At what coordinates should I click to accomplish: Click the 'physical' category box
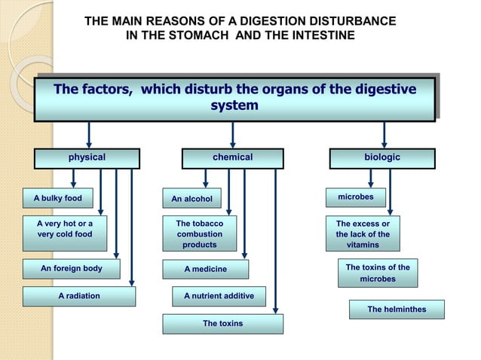(87, 158)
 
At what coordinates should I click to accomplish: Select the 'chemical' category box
(232, 158)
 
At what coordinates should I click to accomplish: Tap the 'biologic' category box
(382, 158)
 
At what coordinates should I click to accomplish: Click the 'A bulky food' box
(57, 199)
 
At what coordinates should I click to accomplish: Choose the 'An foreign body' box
(72, 269)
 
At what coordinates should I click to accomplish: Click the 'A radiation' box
(79, 297)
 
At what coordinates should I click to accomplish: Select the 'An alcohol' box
(191, 199)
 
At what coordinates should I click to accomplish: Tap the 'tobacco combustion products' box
(200, 234)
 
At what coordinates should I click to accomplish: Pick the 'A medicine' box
(205, 269)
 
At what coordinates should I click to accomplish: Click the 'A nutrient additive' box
(219, 297)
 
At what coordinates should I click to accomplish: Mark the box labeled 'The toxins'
(222, 324)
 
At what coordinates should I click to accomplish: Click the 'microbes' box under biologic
(355, 197)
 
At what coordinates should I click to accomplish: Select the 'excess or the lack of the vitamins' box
(363, 234)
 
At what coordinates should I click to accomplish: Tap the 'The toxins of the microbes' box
(378, 273)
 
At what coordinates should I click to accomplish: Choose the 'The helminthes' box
(397, 310)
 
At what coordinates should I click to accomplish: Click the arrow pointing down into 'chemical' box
(232, 135)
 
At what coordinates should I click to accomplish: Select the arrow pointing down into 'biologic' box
(384, 135)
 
